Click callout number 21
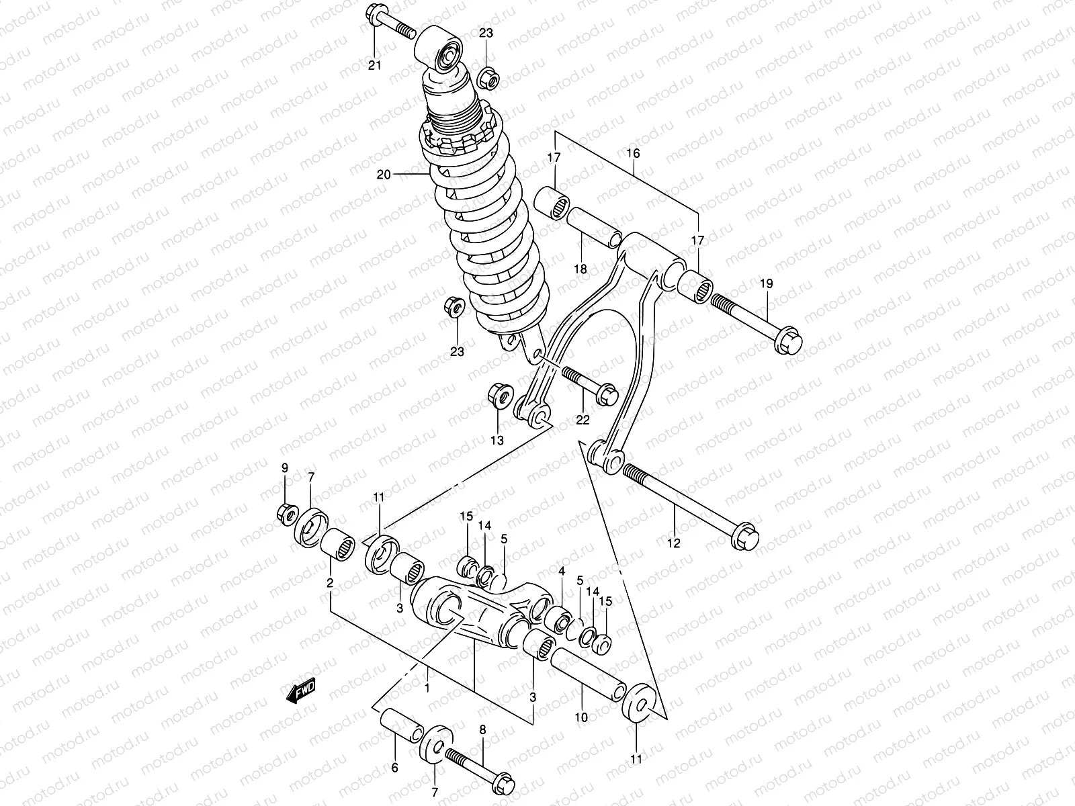[x=374, y=65]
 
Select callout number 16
[x=633, y=153]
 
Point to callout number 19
[x=767, y=284]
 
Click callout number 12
[x=674, y=543]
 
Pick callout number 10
[x=581, y=717]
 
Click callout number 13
[x=497, y=441]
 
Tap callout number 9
[x=284, y=467]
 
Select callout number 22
[x=582, y=420]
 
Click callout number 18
[x=580, y=269]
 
